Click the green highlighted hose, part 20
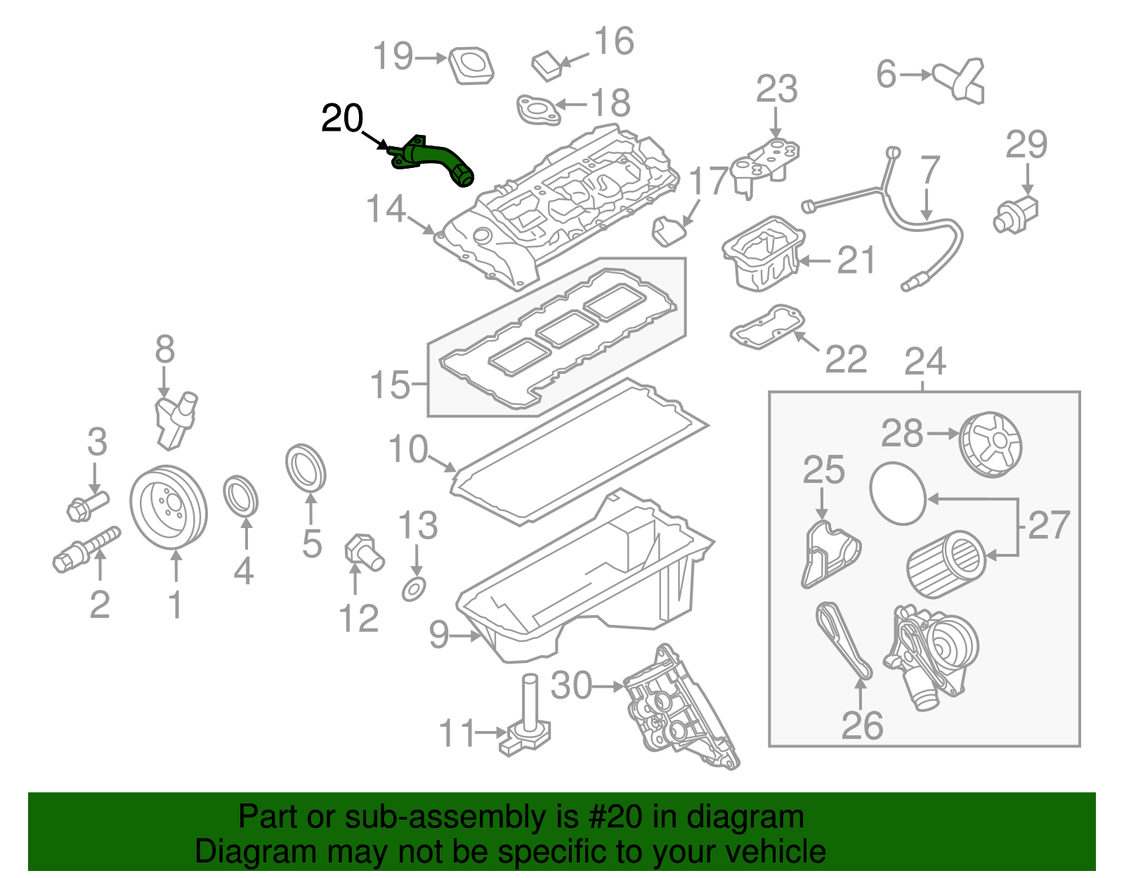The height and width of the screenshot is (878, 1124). (x=432, y=160)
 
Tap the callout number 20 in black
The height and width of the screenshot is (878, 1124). (x=342, y=118)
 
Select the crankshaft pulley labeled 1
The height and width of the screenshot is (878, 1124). (x=169, y=509)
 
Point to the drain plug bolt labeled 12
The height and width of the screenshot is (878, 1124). (x=364, y=554)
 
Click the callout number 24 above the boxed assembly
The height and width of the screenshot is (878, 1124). (x=925, y=361)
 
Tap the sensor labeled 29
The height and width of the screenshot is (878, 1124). (x=1015, y=214)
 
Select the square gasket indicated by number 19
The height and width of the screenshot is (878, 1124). (x=471, y=65)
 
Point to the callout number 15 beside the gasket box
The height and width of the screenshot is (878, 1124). (x=390, y=385)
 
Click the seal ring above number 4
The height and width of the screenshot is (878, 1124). (x=240, y=496)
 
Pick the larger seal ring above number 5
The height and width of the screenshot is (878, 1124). (x=306, y=467)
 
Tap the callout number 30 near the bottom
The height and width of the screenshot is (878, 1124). (x=571, y=685)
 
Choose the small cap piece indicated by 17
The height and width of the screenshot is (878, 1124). (x=668, y=231)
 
